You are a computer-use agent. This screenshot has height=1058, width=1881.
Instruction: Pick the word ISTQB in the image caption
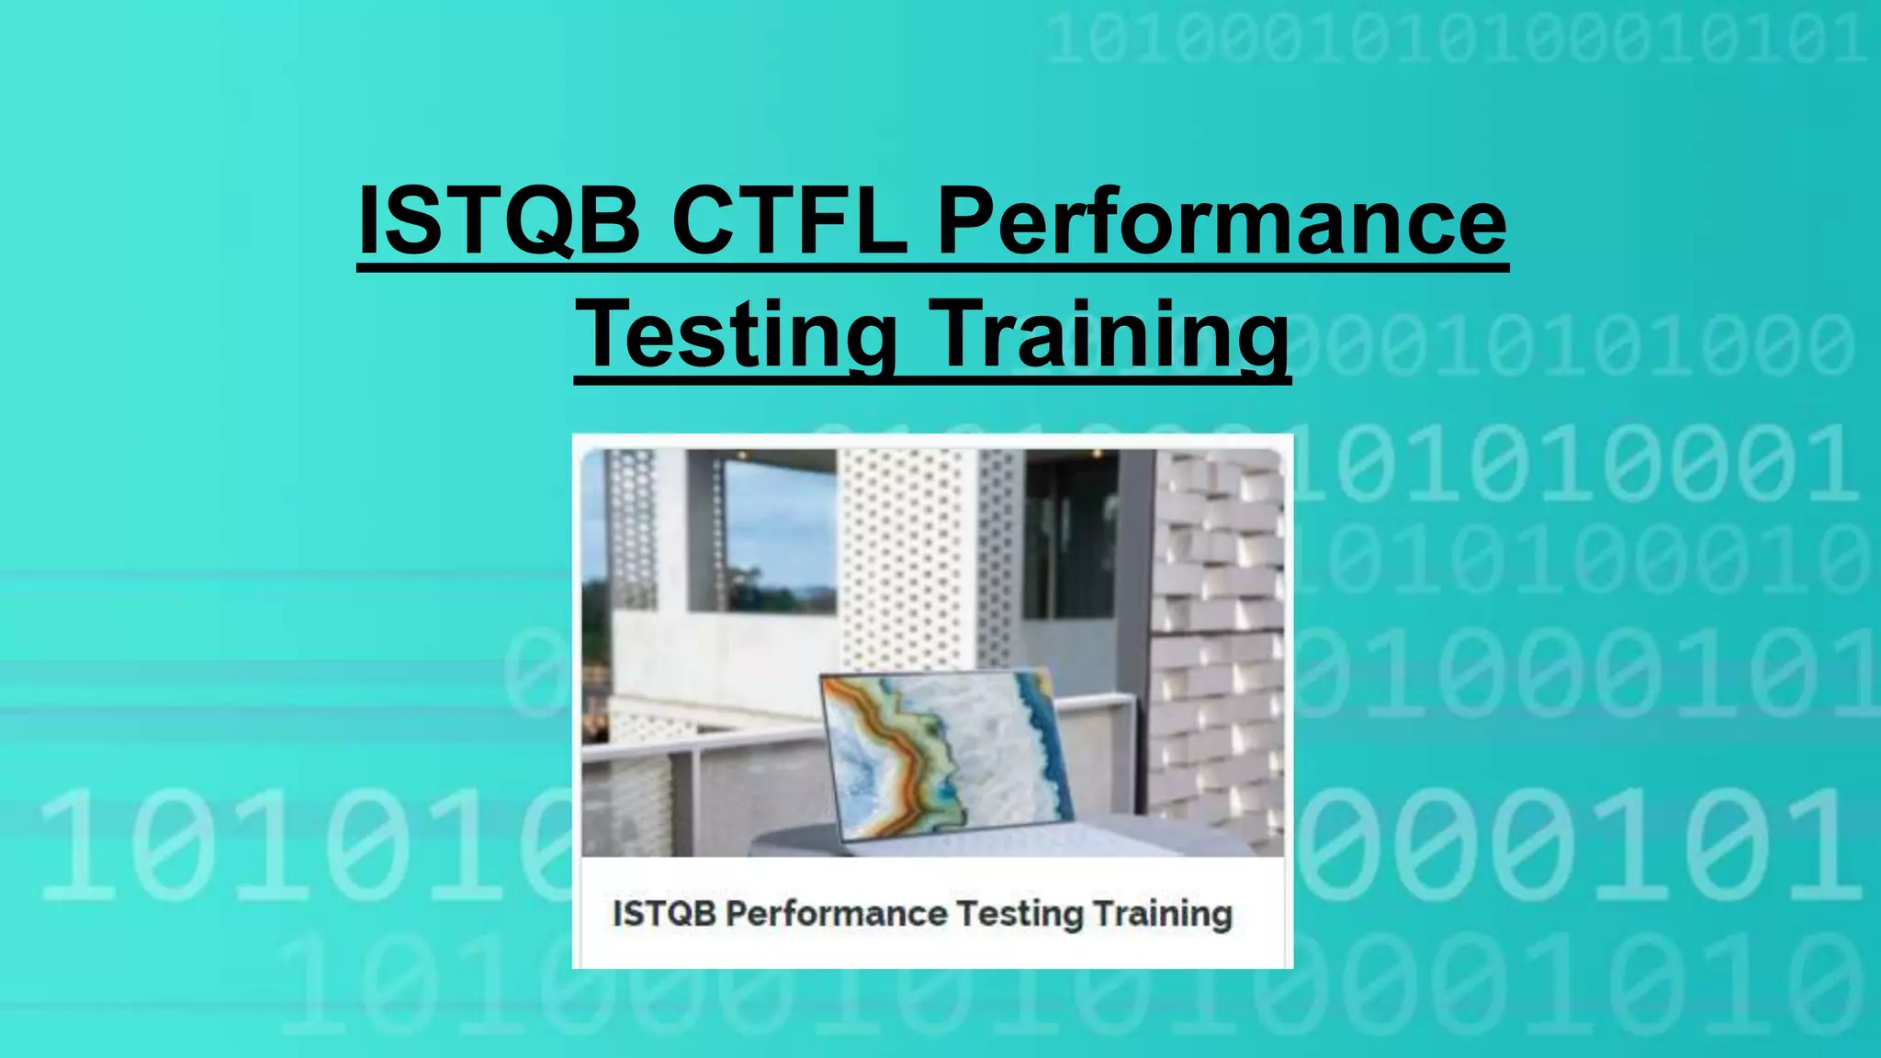click(663, 914)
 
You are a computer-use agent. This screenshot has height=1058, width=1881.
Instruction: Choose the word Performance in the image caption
click(837, 914)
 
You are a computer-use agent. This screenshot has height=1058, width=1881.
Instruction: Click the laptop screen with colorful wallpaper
click(946, 753)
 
